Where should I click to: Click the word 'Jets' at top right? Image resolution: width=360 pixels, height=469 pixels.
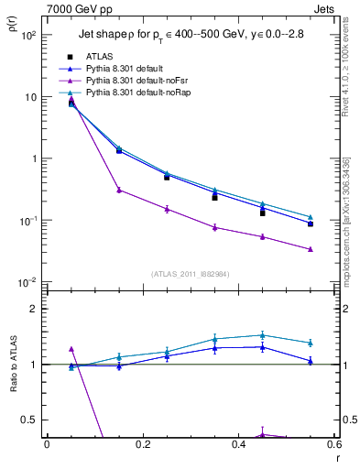[326, 8]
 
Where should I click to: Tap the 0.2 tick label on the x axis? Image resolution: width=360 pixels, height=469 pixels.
[142, 445]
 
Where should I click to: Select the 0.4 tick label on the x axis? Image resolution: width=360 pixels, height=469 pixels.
[238, 445]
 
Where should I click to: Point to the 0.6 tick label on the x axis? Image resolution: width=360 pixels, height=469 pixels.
[333, 445]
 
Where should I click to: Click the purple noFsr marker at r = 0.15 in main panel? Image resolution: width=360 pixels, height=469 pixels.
[119, 190]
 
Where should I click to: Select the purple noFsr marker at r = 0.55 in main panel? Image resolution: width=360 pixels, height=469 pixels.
[311, 249]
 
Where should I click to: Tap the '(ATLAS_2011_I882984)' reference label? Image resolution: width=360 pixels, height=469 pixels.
[191, 274]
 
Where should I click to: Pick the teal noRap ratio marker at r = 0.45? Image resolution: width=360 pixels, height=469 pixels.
[263, 335]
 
